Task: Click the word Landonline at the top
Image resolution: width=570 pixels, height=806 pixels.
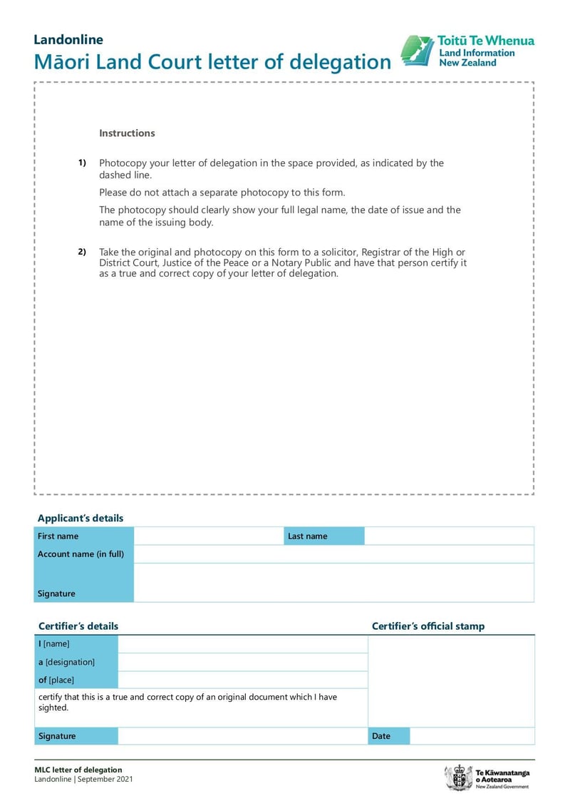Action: coord(68,40)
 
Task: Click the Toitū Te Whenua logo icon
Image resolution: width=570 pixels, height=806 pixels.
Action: coord(416,51)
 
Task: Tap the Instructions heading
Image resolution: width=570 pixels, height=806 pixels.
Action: coord(127,133)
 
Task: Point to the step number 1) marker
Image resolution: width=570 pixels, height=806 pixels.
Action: coord(82,163)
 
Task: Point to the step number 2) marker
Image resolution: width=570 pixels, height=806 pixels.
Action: coord(82,252)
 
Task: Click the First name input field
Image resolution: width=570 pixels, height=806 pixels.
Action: coord(208,536)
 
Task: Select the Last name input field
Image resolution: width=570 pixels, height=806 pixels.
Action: coord(449,536)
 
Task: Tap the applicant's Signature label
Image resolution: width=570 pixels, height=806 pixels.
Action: coord(56,593)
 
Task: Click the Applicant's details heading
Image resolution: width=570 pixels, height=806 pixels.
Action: coord(81,519)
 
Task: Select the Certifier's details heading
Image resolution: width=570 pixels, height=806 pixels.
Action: coord(78,626)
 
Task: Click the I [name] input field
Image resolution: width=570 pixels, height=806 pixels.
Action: coord(242,644)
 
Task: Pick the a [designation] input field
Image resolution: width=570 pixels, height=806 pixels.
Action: coord(242,662)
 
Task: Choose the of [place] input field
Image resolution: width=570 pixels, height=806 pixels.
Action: coord(242,680)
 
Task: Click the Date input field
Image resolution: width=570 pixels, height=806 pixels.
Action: coord(472,736)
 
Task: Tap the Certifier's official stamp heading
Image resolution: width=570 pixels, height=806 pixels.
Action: coord(428,626)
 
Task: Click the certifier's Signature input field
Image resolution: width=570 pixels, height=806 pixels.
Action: coord(242,736)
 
